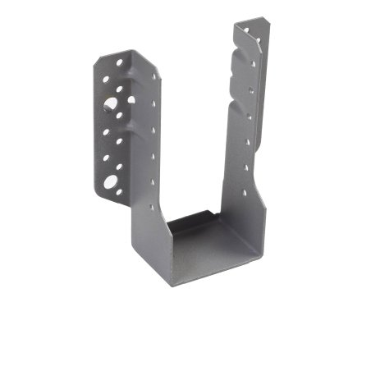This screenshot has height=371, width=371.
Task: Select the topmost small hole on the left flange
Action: pyautogui.click(x=120, y=62)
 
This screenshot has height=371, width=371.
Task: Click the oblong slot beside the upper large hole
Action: pyautogui.click(x=131, y=100)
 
